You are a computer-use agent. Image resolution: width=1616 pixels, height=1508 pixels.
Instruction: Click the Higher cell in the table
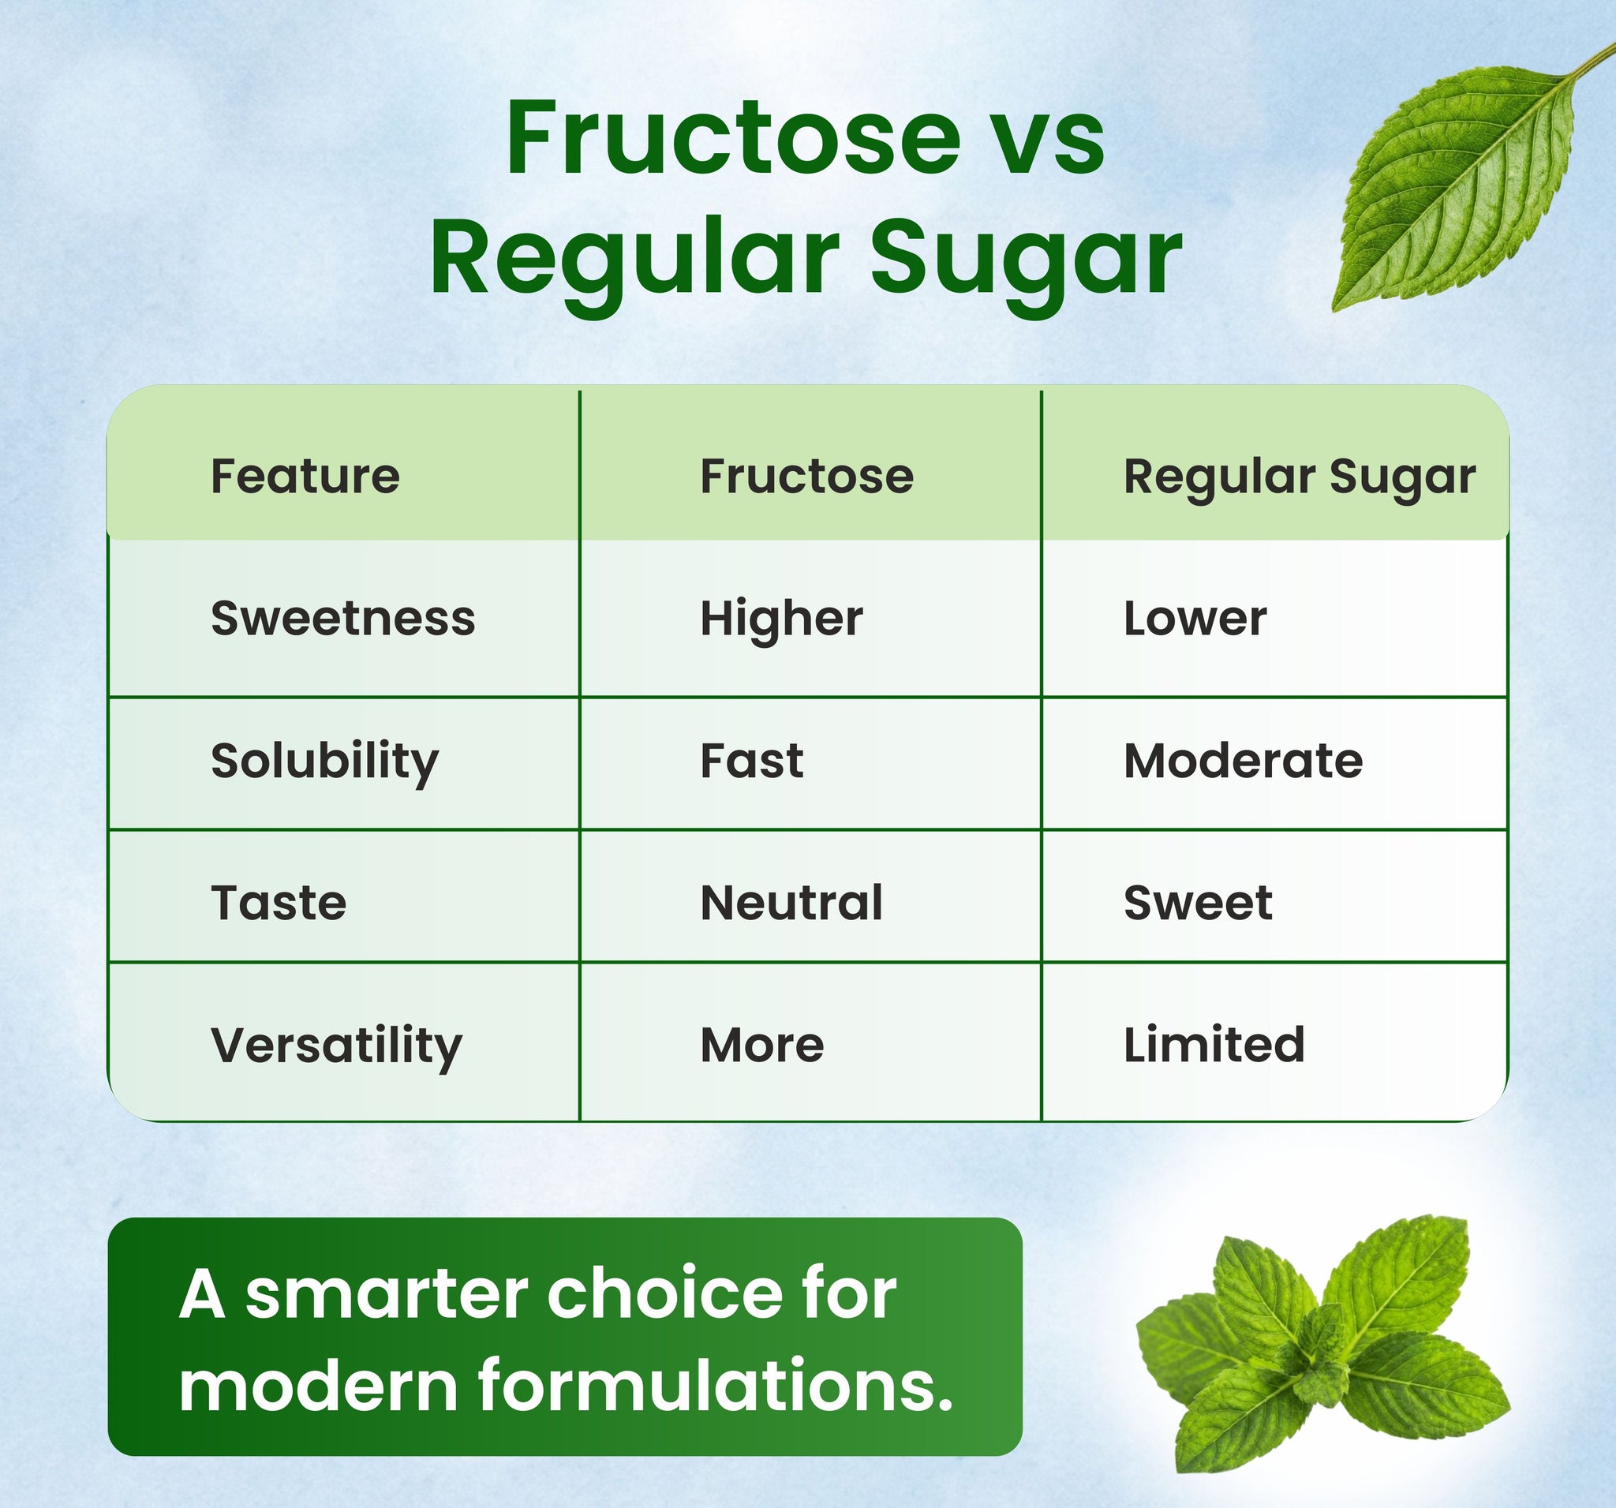click(781, 620)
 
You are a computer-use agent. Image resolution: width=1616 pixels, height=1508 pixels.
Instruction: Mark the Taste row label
click(278, 903)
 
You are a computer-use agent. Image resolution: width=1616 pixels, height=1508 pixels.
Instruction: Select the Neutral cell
click(791, 903)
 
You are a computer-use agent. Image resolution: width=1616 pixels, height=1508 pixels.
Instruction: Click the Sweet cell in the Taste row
click(1197, 903)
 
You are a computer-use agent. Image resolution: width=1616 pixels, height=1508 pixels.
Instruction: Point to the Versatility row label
click(335, 1046)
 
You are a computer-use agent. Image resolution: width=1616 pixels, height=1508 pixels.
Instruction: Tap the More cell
click(761, 1045)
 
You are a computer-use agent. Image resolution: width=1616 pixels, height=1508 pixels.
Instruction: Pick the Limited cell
click(1214, 1045)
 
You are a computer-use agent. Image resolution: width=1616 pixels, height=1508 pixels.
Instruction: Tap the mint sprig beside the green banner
click(1321, 1343)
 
